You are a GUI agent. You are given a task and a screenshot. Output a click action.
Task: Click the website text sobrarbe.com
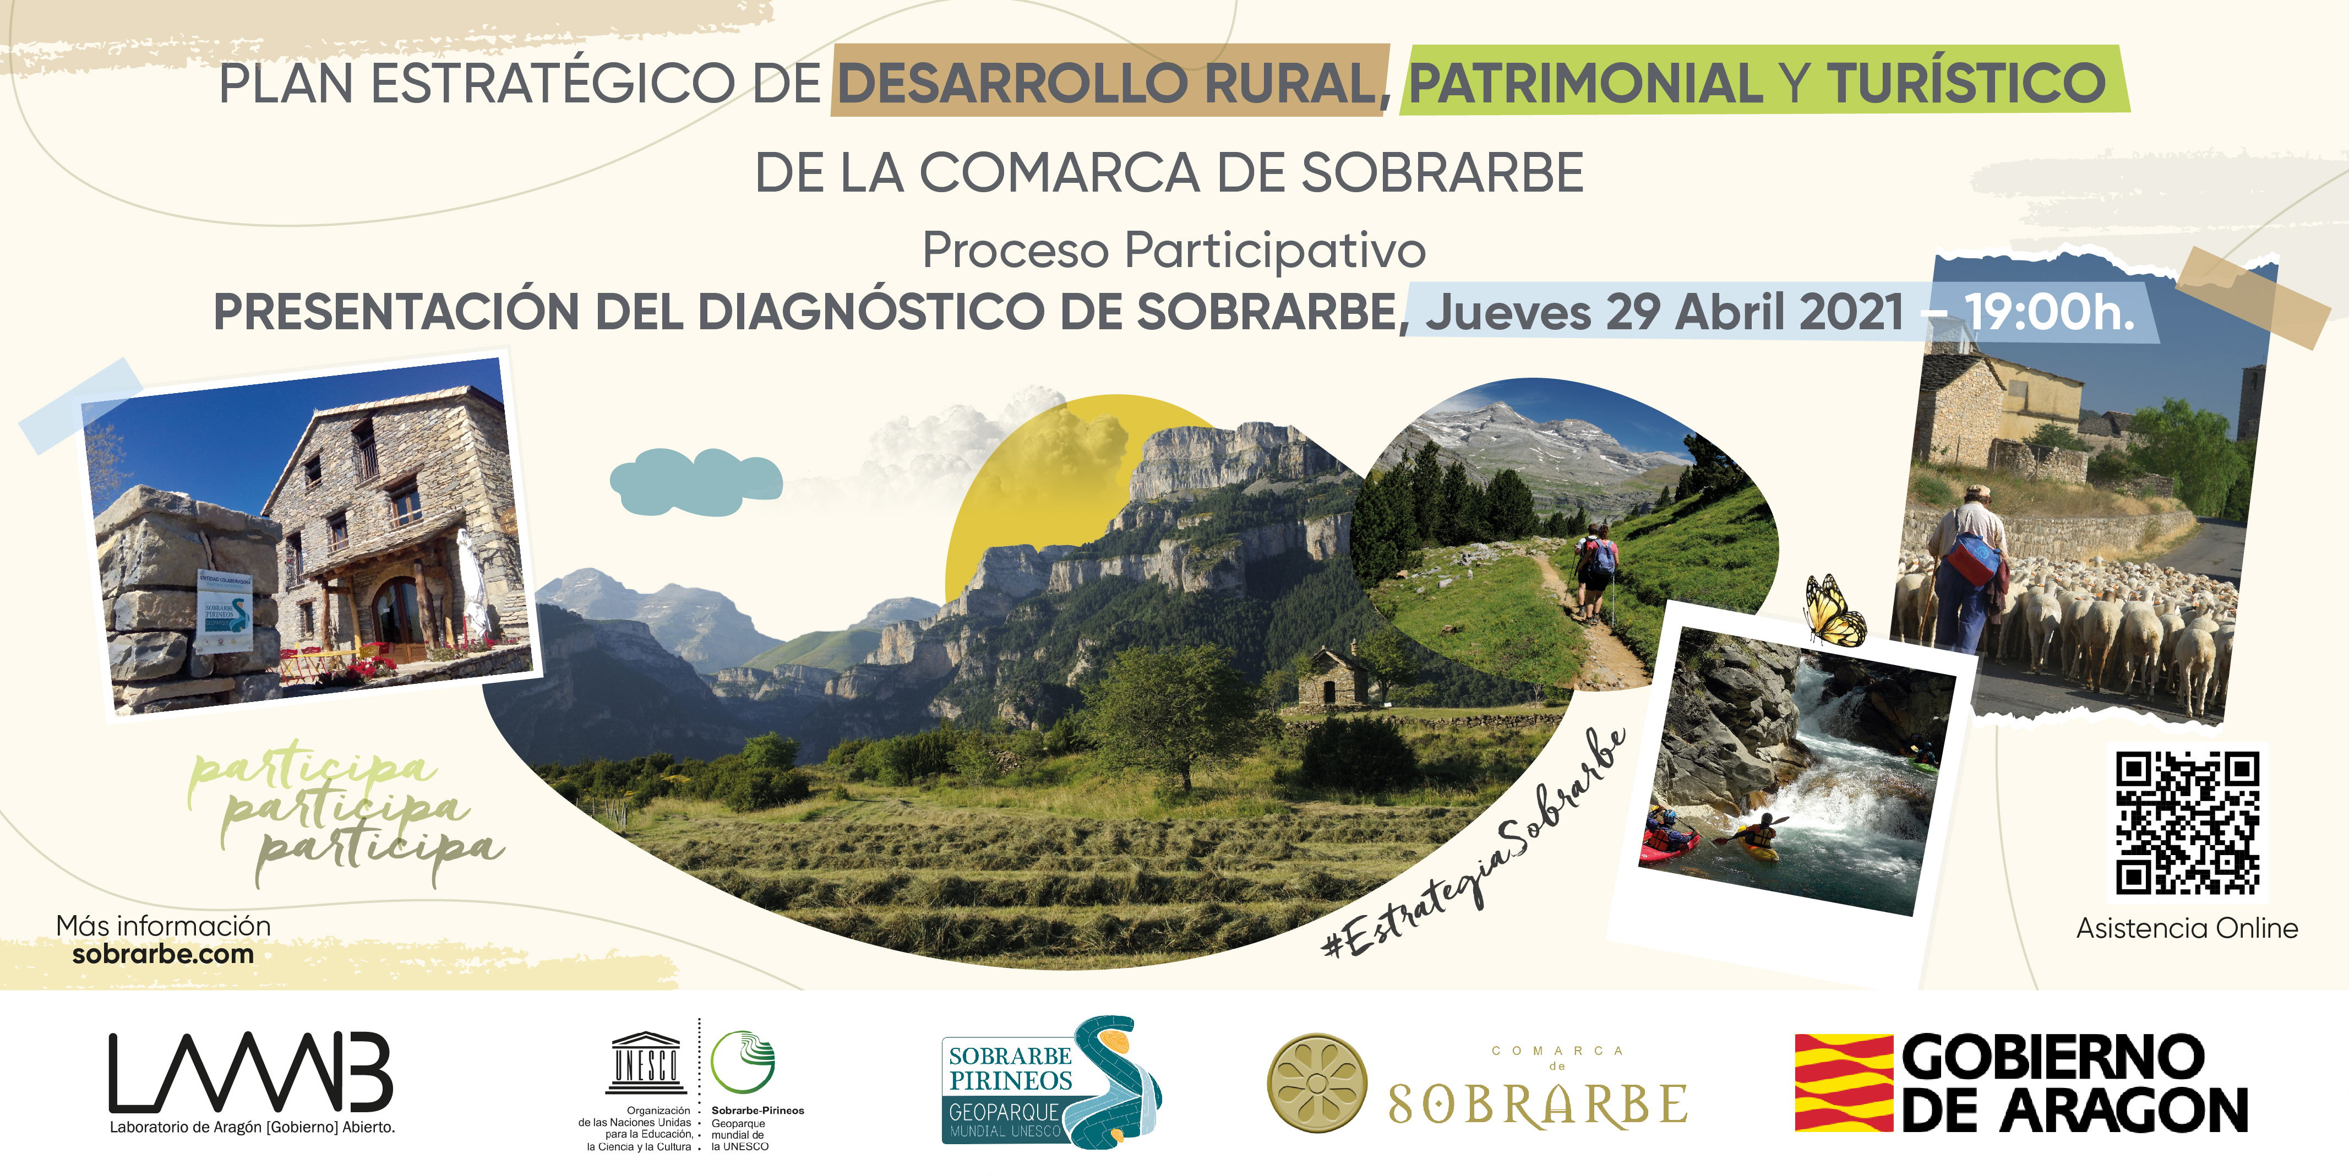coord(163,954)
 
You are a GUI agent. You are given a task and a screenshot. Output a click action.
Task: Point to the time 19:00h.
coord(2049,312)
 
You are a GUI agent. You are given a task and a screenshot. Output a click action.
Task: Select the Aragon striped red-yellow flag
coord(1844,1083)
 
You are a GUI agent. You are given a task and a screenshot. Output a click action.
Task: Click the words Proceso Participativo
coord(1174,250)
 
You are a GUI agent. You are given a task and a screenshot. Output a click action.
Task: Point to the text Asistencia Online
coord(2187,929)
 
